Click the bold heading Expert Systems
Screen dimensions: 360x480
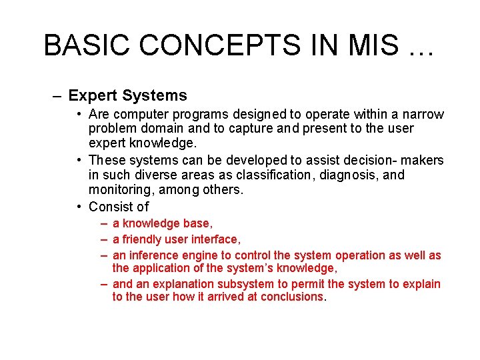[127, 96]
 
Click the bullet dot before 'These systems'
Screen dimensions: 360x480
[79, 160]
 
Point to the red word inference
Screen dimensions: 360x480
[156, 255]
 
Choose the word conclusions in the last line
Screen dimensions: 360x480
[291, 297]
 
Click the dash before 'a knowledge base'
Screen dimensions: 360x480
[105, 223]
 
